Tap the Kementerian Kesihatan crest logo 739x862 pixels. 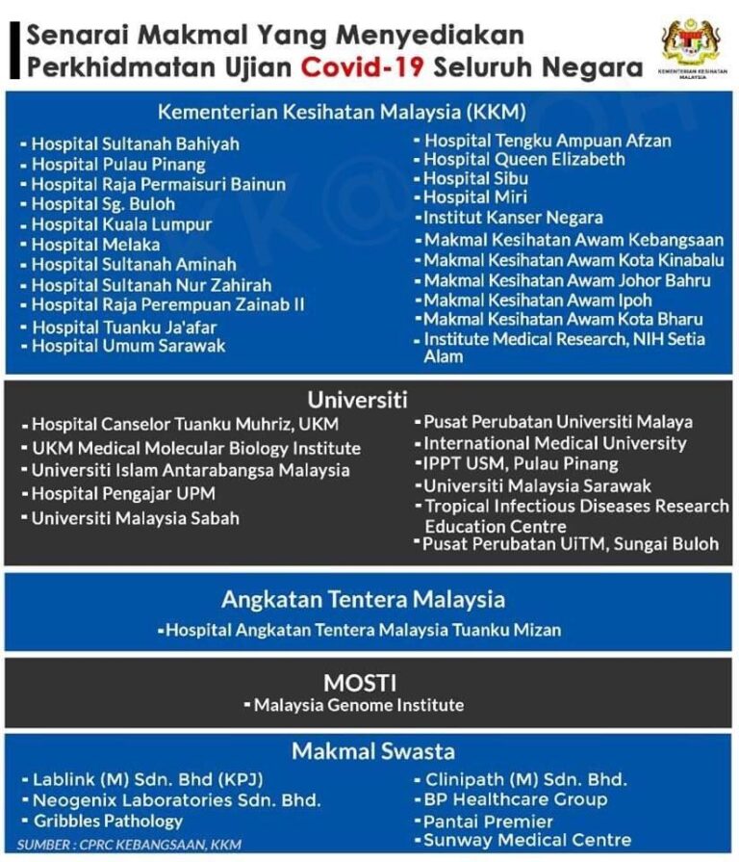click(x=690, y=43)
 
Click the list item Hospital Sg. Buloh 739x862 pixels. click(x=103, y=204)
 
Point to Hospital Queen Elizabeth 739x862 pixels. click(x=523, y=159)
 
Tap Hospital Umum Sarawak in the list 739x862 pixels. click(x=128, y=345)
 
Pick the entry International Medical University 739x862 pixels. click(x=554, y=443)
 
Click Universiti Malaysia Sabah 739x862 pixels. click(x=135, y=518)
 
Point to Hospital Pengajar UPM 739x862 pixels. click(x=122, y=494)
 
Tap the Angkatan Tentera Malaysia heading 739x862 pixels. click(x=363, y=599)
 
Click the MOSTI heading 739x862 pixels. click(x=359, y=683)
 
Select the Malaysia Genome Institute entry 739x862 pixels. click(x=358, y=706)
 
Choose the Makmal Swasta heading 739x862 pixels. click(x=360, y=751)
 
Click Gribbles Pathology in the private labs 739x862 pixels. click(x=107, y=821)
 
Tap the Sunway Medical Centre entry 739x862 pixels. click(x=527, y=841)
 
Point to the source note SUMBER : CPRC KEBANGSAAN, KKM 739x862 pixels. click(x=128, y=845)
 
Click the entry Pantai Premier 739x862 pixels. click(x=489, y=822)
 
